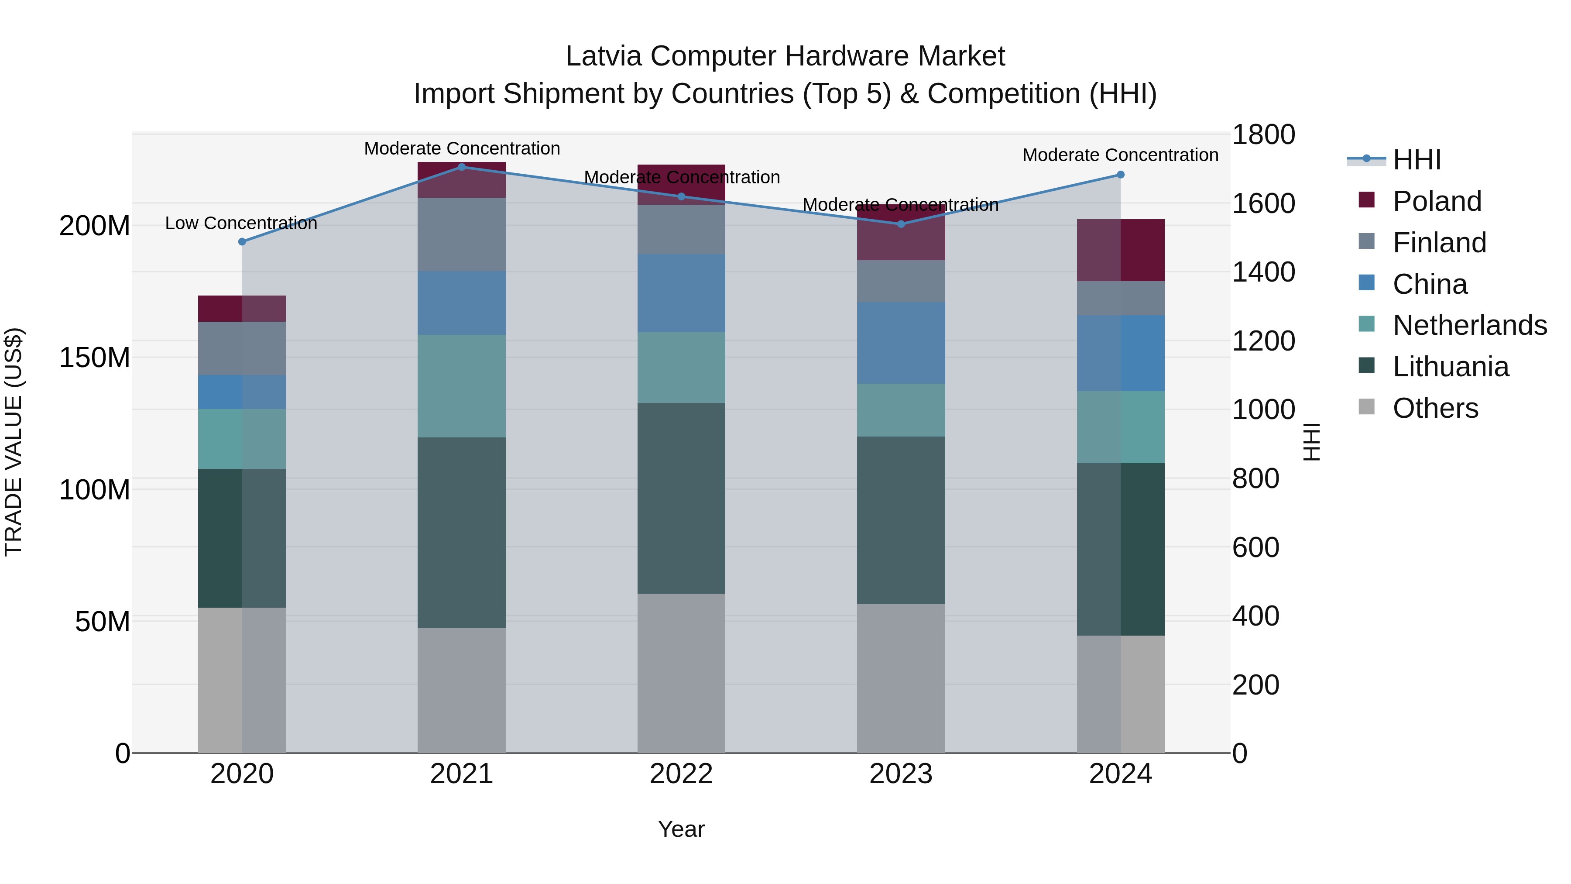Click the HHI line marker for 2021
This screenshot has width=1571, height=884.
(x=462, y=167)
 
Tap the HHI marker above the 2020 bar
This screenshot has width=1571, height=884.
(x=242, y=241)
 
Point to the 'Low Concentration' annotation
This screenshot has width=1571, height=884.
(x=241, y=223)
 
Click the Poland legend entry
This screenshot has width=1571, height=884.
(x=1437, y=201)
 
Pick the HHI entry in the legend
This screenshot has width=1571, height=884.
(x=1417, y=160)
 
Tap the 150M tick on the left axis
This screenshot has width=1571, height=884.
(x=95, y=358)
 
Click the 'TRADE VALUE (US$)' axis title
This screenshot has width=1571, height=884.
(x=14, y=442)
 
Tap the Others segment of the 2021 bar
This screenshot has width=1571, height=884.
(x=462, y=691)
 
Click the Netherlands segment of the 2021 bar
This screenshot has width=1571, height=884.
(x=462, y=386)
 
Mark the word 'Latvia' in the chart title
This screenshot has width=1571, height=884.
(x=603, y=57)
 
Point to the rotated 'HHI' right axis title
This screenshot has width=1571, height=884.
(x=1312, y=442)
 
